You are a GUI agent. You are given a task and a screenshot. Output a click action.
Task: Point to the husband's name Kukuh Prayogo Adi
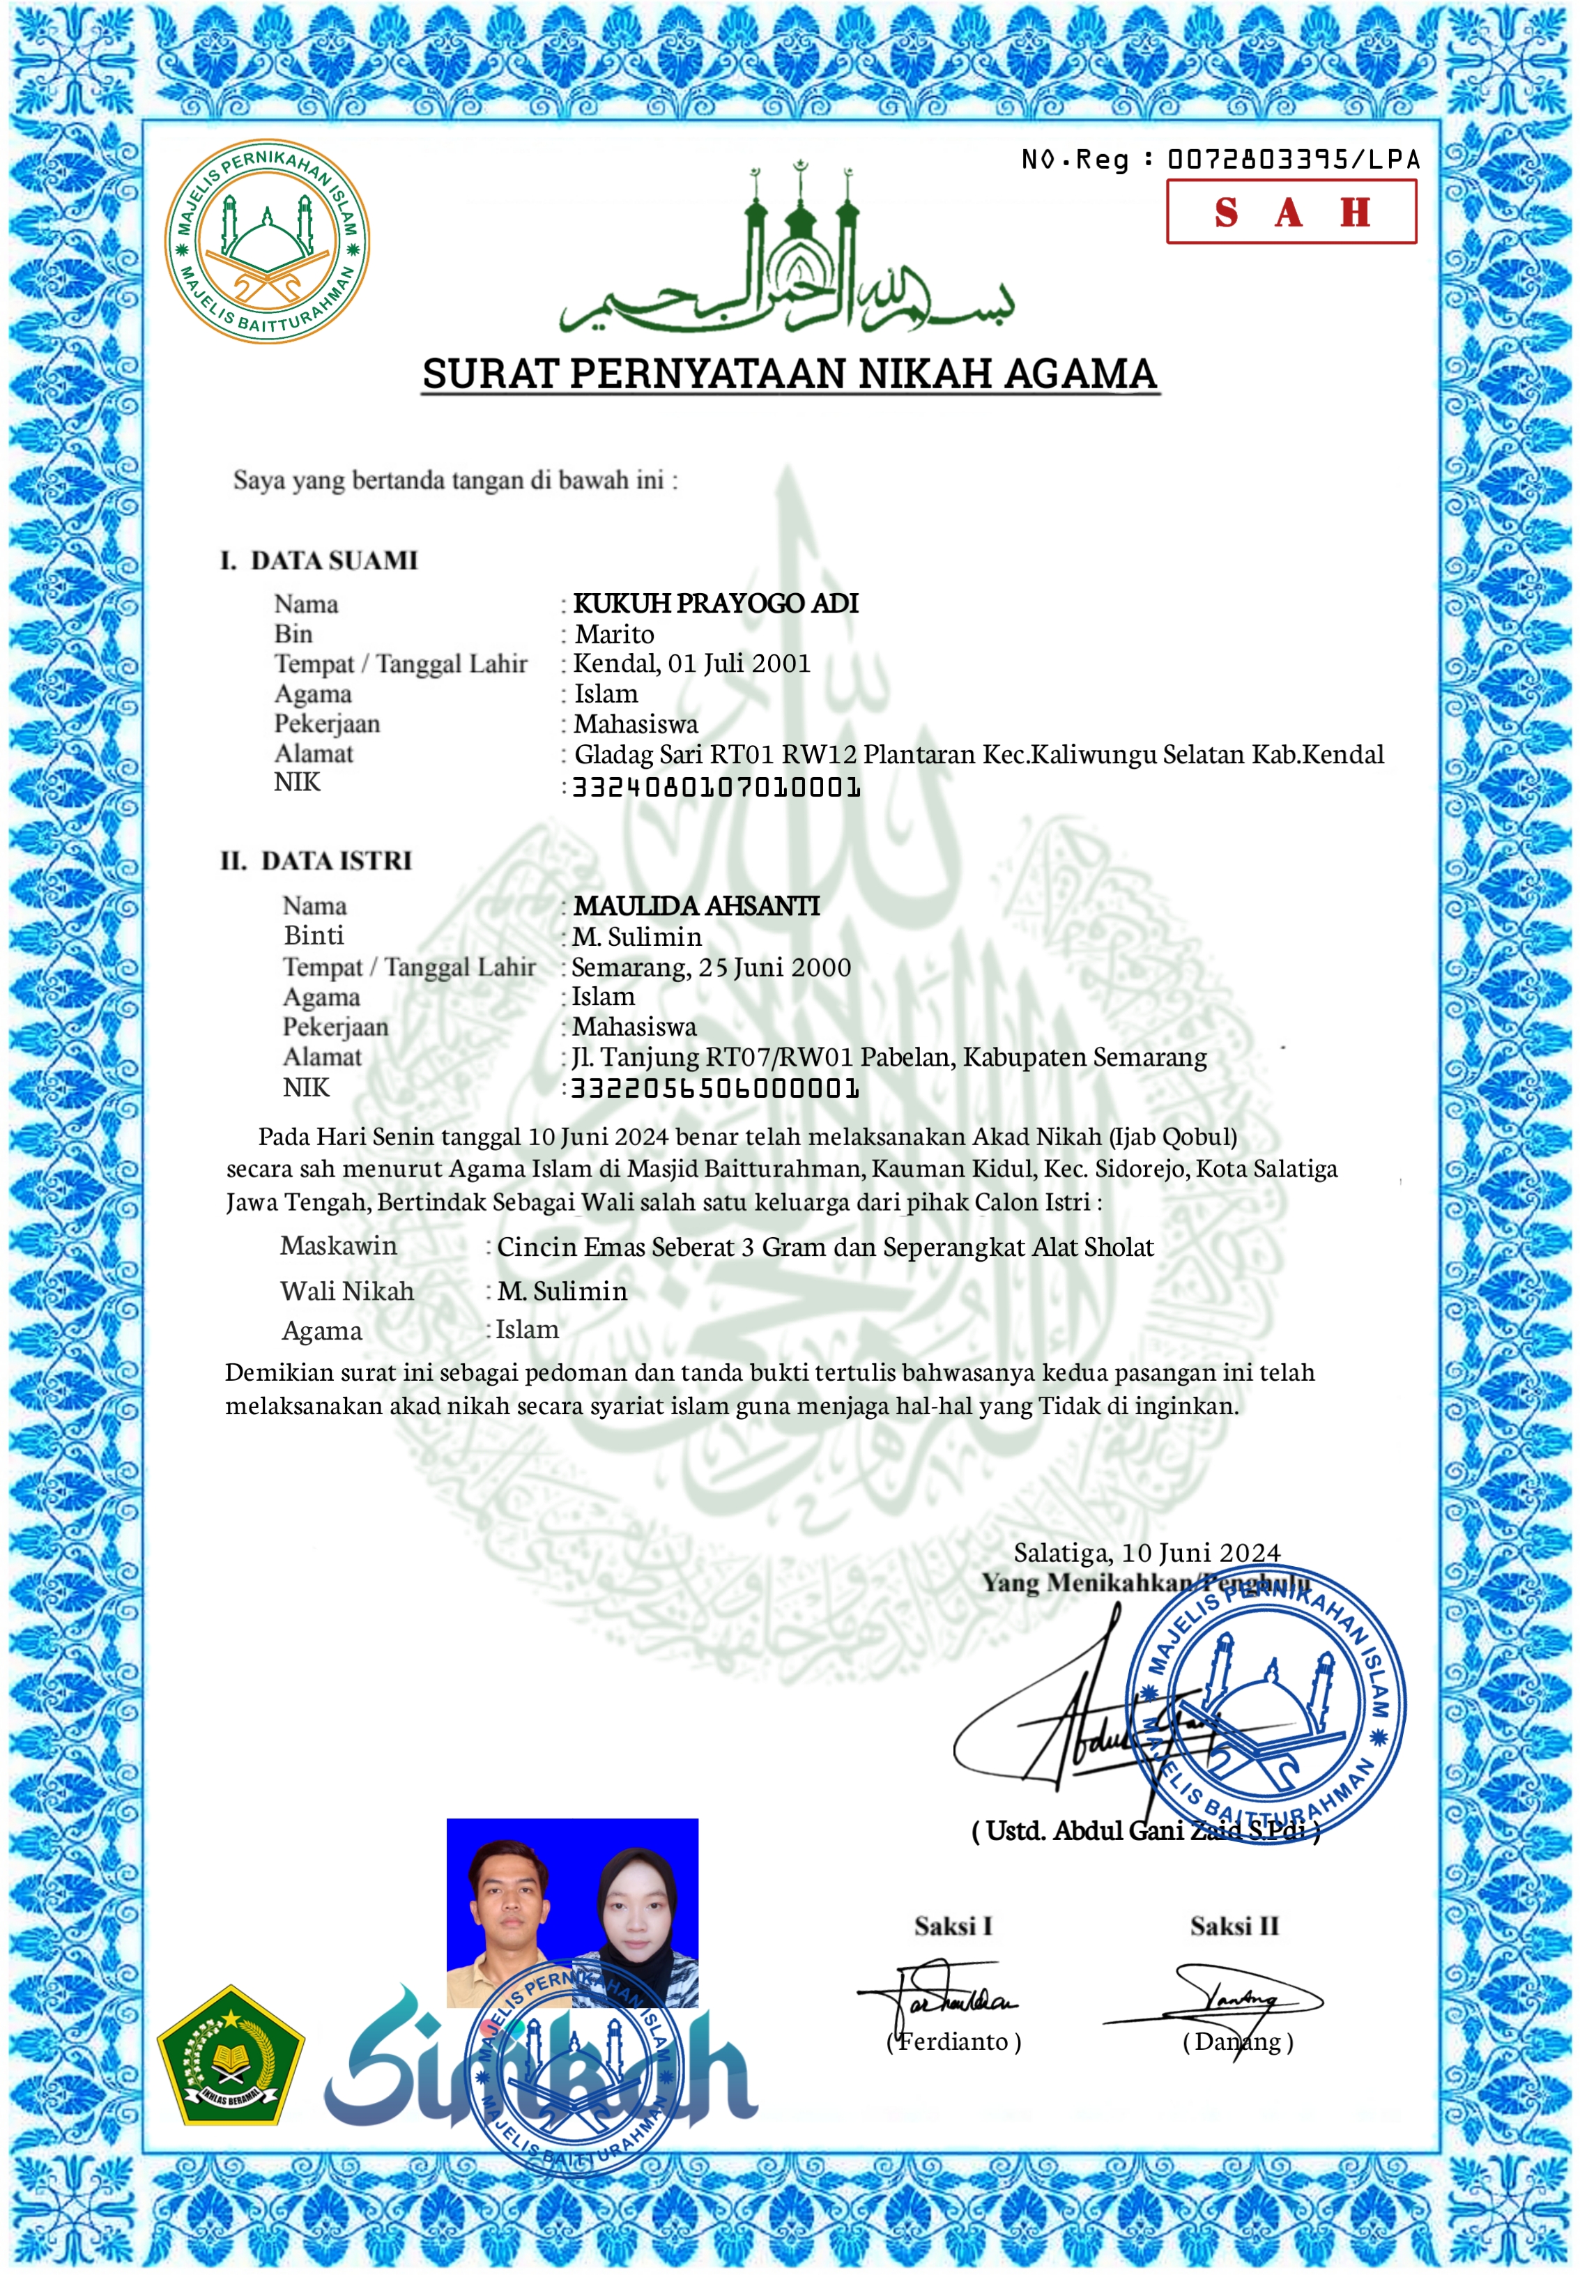(x=715, y=603)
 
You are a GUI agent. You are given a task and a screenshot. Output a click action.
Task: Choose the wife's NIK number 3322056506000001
(x=715, y=1088)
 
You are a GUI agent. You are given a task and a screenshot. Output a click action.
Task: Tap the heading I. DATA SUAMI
(x=319, y=560)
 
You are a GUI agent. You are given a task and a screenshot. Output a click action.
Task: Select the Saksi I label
(x=952, y=1926)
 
